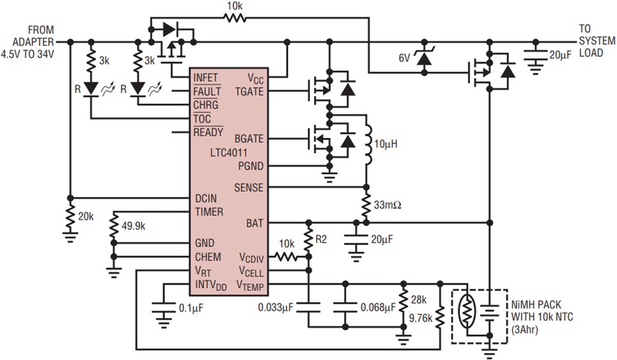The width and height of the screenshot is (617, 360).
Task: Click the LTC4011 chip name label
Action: [228, 153]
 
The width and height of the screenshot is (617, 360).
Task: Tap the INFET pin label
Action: [206, 78]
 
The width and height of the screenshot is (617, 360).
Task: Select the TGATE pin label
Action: [249, 92]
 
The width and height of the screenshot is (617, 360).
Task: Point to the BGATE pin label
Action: [249, 139]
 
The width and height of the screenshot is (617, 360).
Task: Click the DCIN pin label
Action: [206, 199]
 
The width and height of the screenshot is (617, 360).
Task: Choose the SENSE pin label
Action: [249, 188]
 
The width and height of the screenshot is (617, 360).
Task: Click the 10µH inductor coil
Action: [367, 145]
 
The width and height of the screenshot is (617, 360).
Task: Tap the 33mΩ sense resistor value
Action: [387, 205]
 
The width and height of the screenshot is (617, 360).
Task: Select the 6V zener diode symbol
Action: [424, 58]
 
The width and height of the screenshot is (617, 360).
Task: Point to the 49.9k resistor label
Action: [134, 226]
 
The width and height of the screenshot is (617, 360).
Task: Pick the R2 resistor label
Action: [321, 239]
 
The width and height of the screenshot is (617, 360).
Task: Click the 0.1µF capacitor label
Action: [191, 308]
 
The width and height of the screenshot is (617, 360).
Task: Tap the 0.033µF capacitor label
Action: [276, 307]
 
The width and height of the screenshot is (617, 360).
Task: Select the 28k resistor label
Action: [419, 300]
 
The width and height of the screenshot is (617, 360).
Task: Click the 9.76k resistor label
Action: [421, 318]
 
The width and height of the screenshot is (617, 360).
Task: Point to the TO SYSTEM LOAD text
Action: [597, 41]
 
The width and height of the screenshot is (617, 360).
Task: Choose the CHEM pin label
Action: [208, 257]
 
